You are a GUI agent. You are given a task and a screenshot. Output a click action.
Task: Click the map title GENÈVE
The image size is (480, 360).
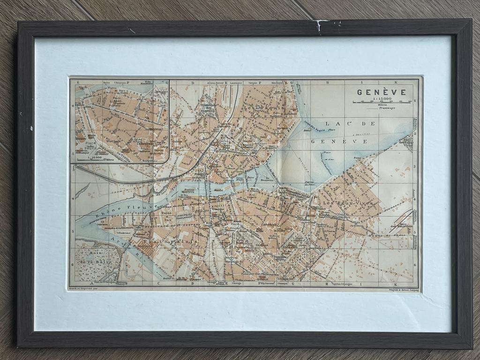[x=381, y=92]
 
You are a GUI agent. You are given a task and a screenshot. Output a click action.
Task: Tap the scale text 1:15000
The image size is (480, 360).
[x=382, y=98]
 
